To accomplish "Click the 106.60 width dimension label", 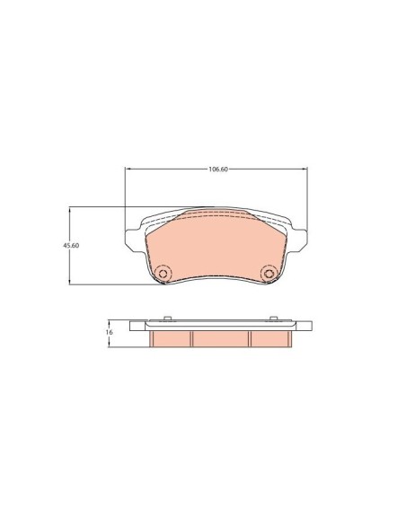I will [x=216, y=169].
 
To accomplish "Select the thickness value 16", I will [x=109, y=332].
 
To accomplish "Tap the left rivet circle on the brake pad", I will [x=163, y=274].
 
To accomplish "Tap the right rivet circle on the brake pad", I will [x=268, y=274].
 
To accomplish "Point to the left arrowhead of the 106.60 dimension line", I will [x=127, y=169].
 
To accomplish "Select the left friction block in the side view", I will [x=172, y=338].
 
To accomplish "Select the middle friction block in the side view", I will [x=219, y=338].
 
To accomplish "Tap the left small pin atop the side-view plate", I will [x=169, y=319].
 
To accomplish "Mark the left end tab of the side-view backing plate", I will [x=137, y=327].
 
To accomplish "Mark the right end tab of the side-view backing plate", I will [x=304, y=327].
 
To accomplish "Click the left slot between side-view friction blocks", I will [x=193, y=339].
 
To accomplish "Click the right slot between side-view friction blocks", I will [x=248, y=339].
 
